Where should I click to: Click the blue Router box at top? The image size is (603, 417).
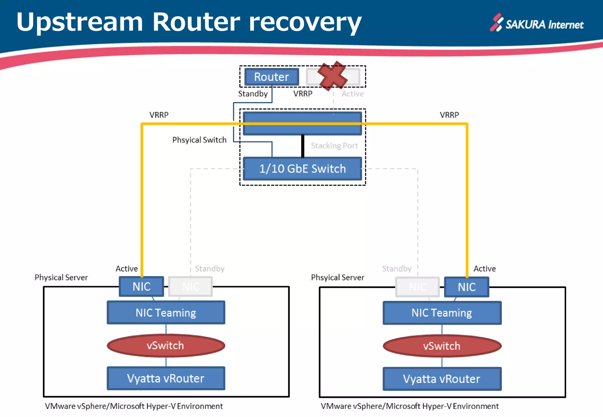tap(272, 77)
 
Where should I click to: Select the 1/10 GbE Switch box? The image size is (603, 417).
tap(302, 169)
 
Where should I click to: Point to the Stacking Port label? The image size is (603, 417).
tap(334, 146)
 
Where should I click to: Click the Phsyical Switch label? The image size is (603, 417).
tap(199, 140)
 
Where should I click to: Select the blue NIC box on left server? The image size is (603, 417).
tap(142, 286)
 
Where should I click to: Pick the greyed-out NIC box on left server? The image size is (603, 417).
tap(190, 286)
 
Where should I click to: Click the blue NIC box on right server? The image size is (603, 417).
tap(467, 287)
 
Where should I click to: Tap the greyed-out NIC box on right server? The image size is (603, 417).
tap(418, 287)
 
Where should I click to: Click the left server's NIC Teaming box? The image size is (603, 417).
tap(166, 313)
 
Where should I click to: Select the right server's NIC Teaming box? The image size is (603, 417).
tap(442, 313)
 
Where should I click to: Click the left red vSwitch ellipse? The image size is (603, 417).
tap(166, 346)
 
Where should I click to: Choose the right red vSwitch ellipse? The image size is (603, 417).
tap(442, 346)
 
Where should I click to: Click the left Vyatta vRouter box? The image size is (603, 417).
tap(166, 378)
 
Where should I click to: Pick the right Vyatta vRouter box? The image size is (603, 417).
tap(442, 379)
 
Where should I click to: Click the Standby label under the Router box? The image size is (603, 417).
tap(253, 94)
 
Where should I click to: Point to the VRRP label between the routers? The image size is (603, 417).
tap(303, 94)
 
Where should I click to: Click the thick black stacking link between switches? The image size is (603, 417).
tap(303, 146)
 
